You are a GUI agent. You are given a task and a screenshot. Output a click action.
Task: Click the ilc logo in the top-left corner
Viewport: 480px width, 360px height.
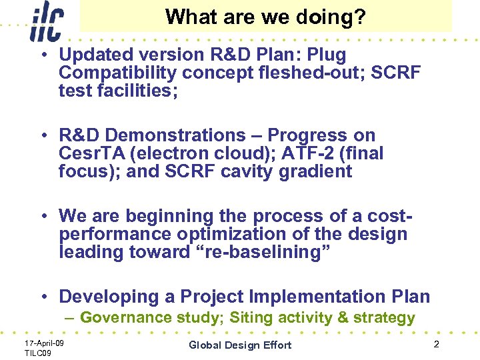click(45, 22)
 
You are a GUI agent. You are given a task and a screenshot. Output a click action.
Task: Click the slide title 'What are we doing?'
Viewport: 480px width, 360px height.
click(265, 17)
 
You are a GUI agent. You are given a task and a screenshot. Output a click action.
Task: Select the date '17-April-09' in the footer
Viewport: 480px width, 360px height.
click(44, 343)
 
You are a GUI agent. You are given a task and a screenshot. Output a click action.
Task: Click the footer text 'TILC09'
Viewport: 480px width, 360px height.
click(39, 352)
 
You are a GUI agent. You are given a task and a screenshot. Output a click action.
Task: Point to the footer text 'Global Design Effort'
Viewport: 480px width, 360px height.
click(240, 345)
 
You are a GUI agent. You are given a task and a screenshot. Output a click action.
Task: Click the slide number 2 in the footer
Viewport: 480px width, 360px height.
click(436, 344)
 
